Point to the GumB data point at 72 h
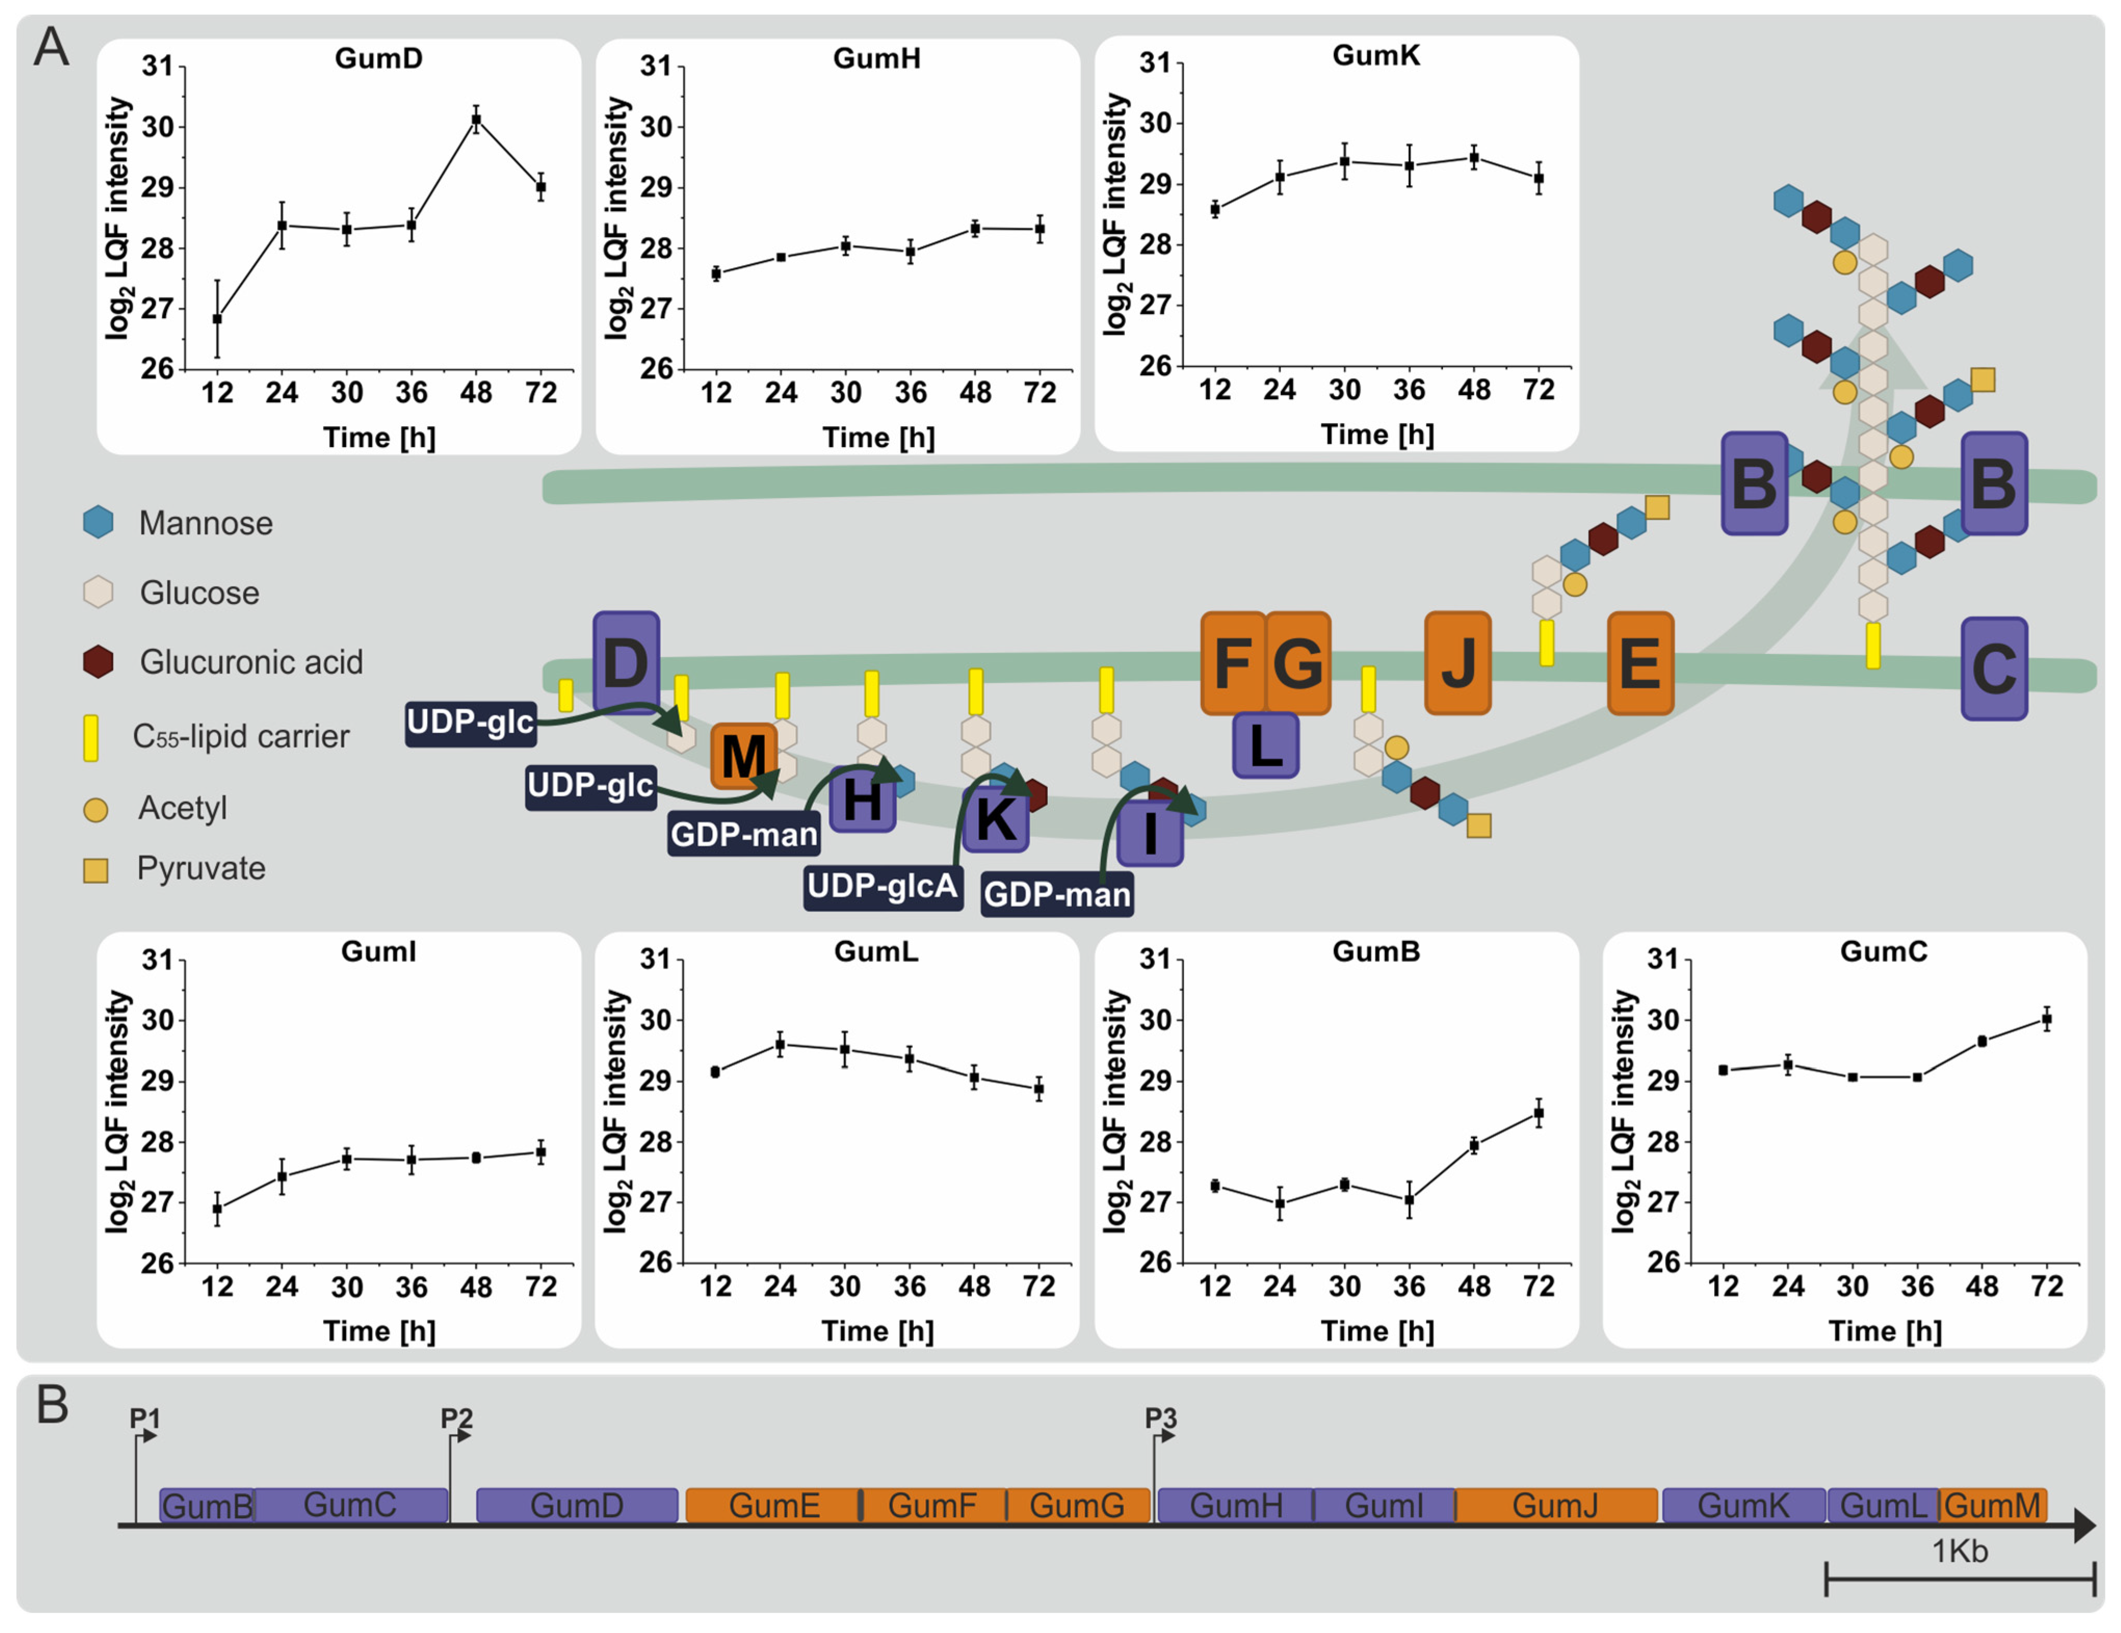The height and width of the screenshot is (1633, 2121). point(1538,1113)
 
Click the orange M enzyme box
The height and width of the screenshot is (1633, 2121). point(744,756)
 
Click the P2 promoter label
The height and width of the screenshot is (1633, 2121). point(456,1418)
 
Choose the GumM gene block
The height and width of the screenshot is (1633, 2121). point(1993,1505)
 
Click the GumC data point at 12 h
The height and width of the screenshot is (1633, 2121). point(1723,1070)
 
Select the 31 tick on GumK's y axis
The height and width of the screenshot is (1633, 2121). point(1155,63)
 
